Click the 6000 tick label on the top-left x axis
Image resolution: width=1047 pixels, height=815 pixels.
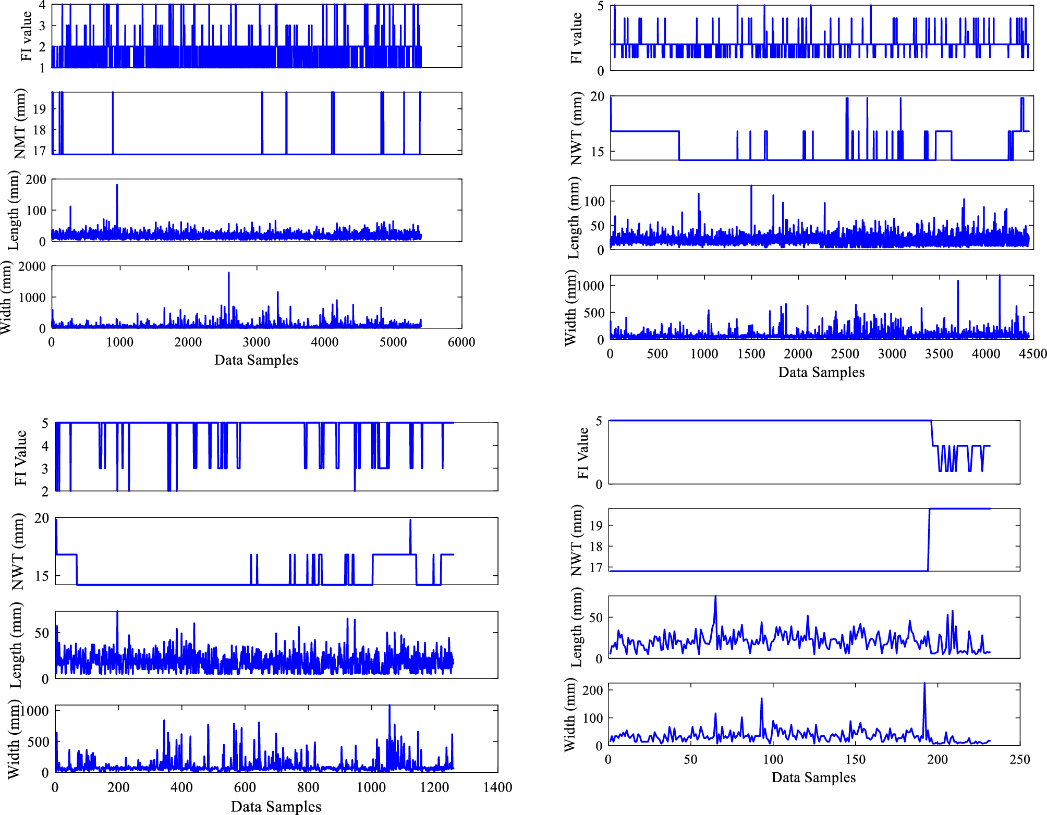coord(461,342)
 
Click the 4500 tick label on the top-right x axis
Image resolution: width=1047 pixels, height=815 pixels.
coord(1032,354)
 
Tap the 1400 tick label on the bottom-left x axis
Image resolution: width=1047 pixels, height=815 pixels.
coord(497,787)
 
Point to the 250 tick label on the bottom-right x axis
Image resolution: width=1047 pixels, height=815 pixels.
coord(1019,760)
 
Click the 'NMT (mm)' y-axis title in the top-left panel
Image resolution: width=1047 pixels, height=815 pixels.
coord(20,124)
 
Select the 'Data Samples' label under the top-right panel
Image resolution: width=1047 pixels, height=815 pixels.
coord(821,372)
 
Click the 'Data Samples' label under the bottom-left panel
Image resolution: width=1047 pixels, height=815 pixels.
coord(276,807)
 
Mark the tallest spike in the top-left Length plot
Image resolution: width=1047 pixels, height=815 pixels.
coord(117,186)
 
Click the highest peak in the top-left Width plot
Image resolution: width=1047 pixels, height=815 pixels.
coord(228,274)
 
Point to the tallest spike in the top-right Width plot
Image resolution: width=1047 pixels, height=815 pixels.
coord(1000,277)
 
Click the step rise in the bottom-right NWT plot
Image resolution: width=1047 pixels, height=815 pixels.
coord(929,539)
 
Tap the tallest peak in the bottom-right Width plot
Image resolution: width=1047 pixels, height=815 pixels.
coord(924,684)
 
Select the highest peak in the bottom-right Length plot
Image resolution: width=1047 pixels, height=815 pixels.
coord(715,597)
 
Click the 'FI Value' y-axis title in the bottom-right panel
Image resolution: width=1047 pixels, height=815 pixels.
coord(582,453)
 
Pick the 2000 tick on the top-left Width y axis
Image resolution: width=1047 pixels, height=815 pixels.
coord(32,266)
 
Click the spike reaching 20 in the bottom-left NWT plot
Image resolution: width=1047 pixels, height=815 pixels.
coord(410,521)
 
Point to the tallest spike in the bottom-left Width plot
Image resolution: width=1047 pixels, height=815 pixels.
coord(389,707)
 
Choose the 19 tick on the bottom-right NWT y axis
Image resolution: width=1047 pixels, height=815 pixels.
coord(596,525)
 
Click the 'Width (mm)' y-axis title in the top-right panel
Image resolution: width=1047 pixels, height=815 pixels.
coord(571,307)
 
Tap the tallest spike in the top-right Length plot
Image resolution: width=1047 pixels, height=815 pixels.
coord(751,187)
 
